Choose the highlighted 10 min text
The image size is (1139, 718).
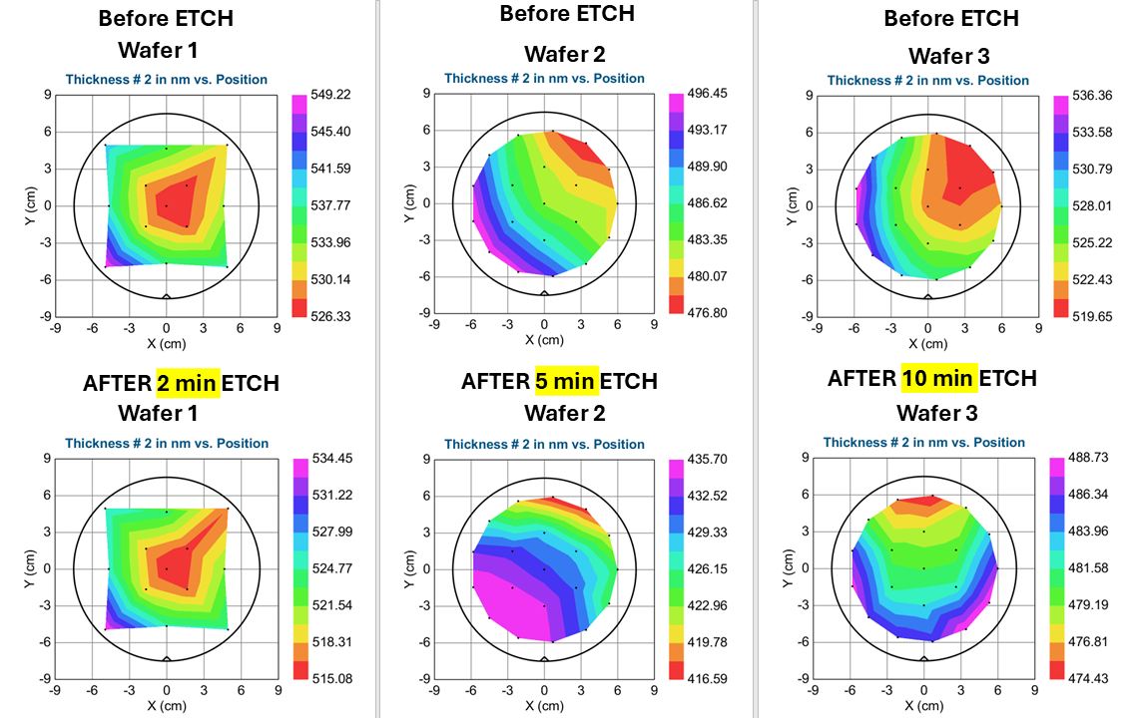pos(938,378)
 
